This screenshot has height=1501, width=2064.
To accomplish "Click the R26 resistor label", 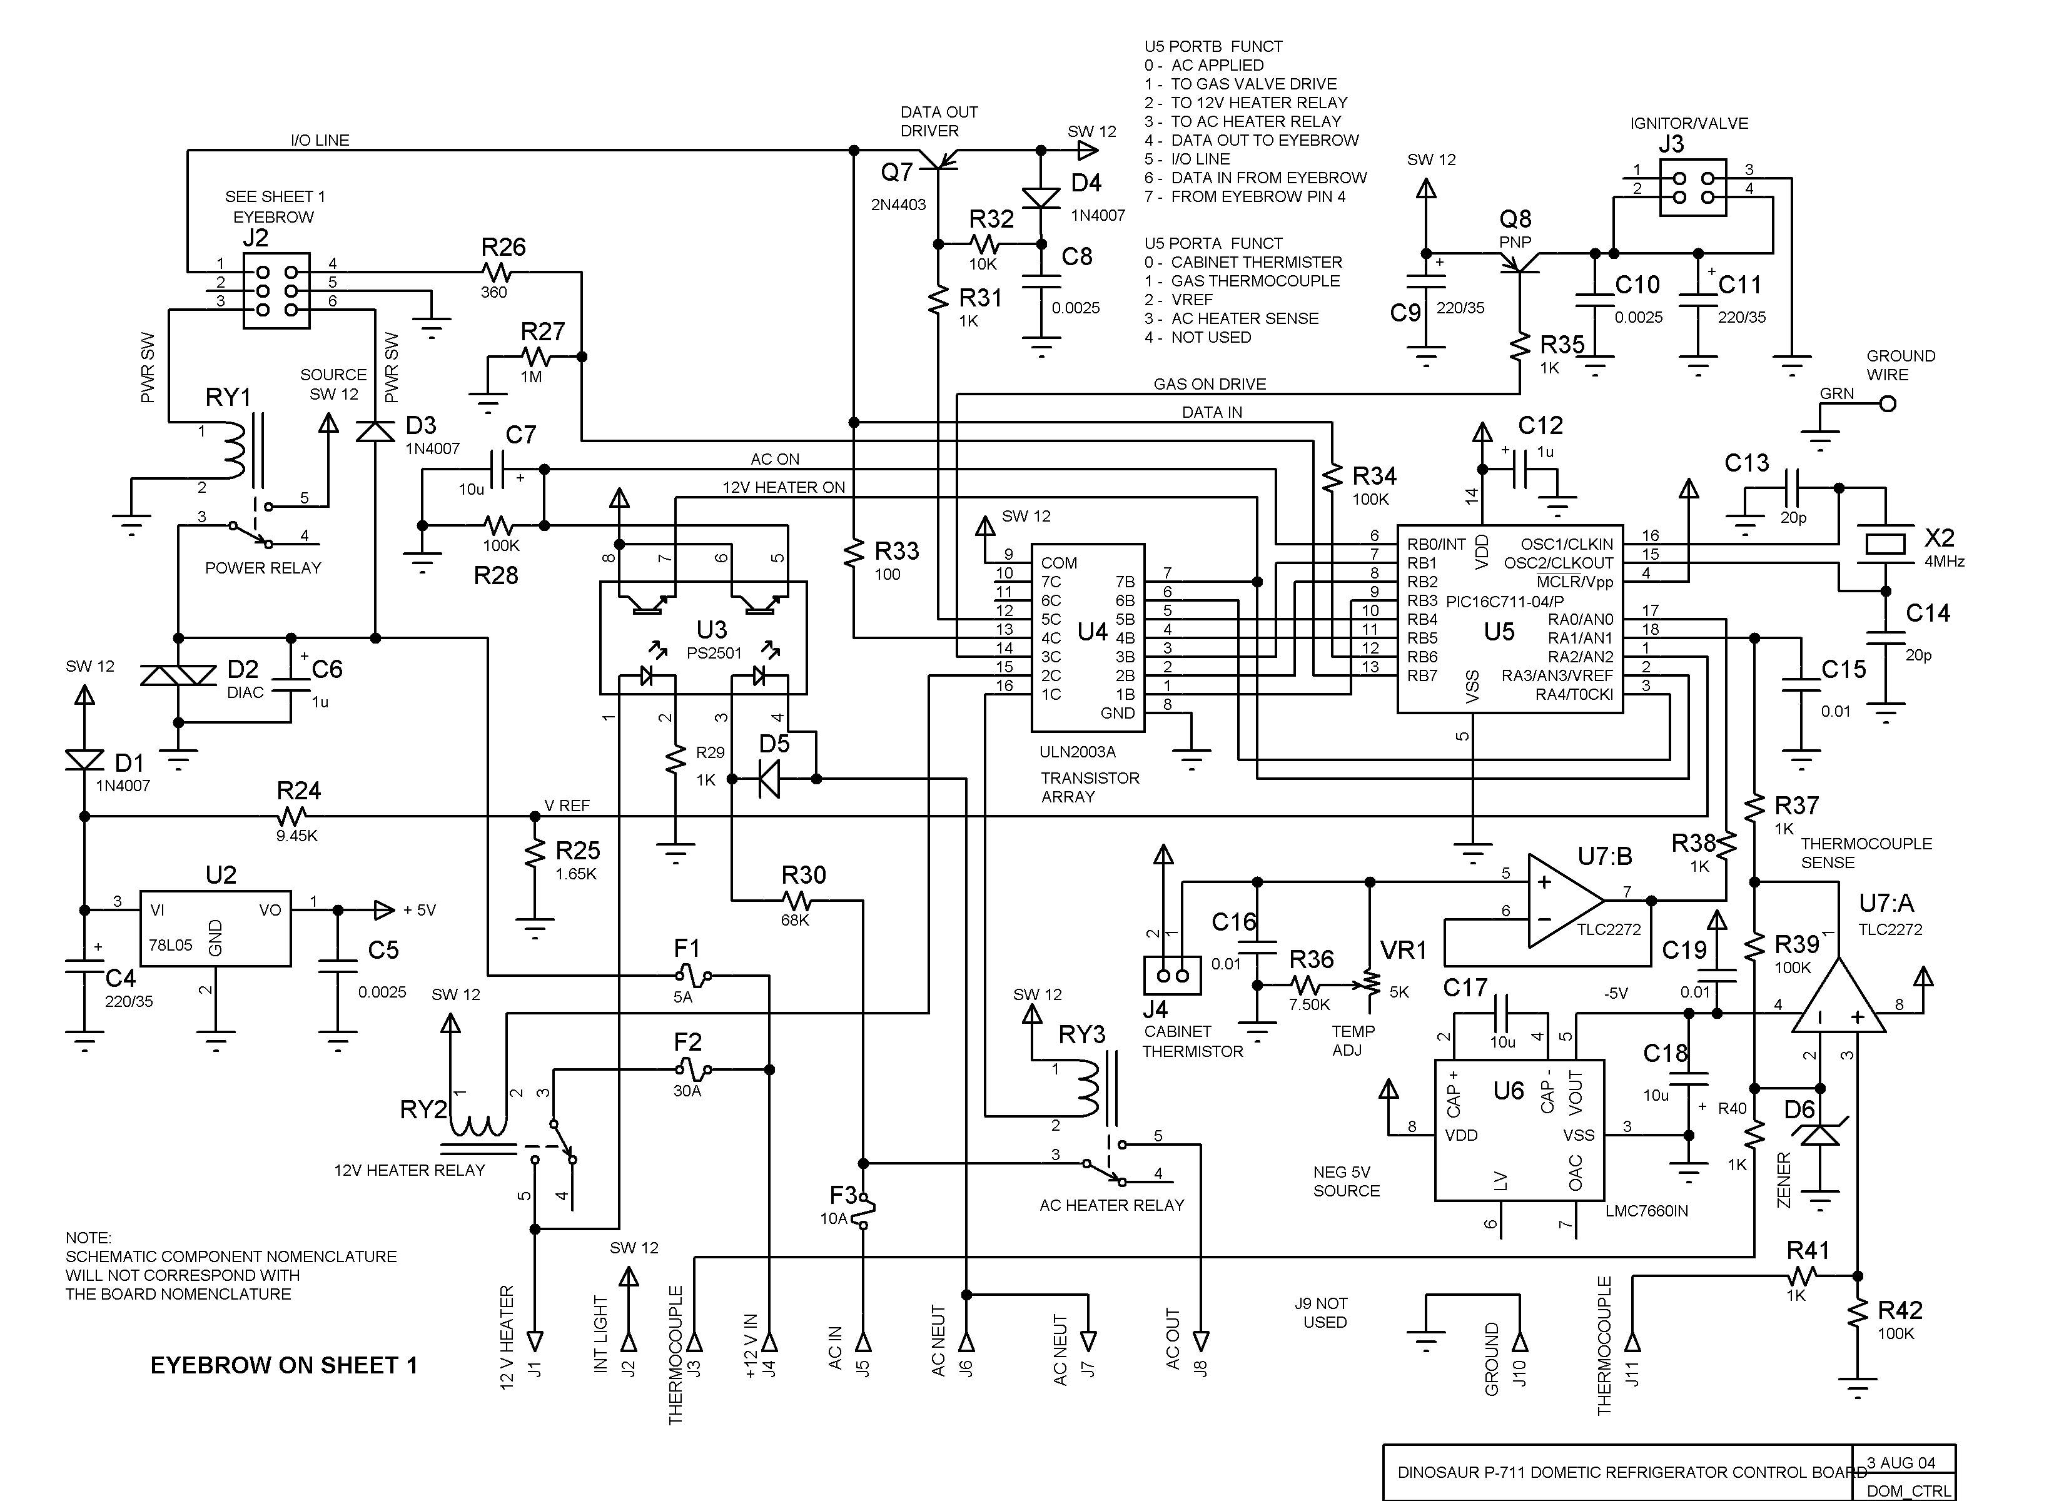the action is tap(503, 246).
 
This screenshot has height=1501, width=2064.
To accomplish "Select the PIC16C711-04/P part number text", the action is tap(1504, 602).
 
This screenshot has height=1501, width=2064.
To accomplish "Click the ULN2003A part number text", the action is tap(1078, 752).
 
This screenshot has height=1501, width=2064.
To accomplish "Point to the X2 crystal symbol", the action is tap(1884, 543).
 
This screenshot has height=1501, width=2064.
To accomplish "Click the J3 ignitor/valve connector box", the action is tap(1692, 188).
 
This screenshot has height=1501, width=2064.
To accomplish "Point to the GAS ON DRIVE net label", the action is tap(1210, 384).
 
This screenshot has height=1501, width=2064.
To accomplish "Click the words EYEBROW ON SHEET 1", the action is tap(284, 1365).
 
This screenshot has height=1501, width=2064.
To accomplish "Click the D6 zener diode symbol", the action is tap(1819, 1134).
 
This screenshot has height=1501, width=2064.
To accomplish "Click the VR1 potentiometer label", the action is tap(1404, 950).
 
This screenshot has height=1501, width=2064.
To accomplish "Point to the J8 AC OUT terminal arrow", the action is tap(1201, 1342).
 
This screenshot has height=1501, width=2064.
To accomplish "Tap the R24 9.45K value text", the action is tap(298, 835).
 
